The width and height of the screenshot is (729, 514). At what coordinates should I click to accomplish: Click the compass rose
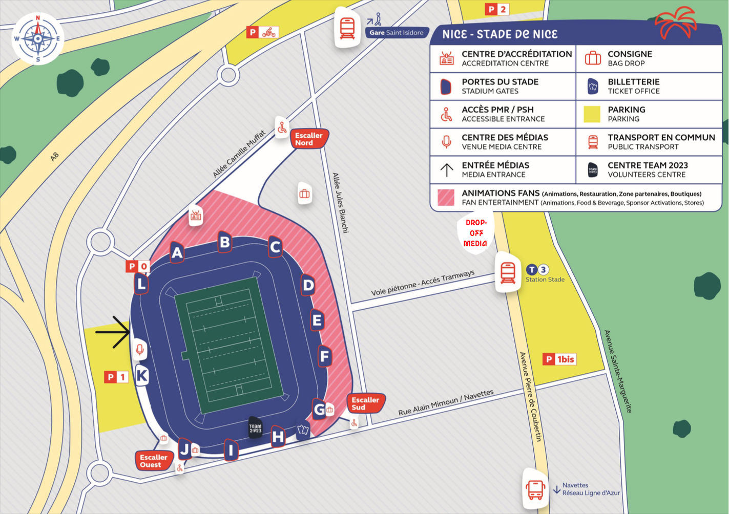(38, 38)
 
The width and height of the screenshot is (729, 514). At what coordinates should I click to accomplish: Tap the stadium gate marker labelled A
(177, 252)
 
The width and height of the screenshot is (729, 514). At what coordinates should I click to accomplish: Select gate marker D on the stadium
(308, 285)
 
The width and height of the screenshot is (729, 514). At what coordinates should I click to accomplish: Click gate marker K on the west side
(142, 376)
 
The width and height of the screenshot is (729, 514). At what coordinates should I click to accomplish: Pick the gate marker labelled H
(278, 437)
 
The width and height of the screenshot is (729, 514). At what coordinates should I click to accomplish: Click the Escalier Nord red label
(309, 139)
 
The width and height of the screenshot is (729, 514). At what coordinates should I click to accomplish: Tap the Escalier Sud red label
(365, 403)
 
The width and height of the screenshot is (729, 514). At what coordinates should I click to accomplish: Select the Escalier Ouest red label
(153, 461)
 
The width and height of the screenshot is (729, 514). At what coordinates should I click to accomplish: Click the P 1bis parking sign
(559, 359)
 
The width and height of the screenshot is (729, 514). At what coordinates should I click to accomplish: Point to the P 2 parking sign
(497, 9)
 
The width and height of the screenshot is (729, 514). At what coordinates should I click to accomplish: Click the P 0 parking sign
(138, 266)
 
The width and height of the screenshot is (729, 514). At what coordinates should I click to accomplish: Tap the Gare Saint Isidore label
(397, 32)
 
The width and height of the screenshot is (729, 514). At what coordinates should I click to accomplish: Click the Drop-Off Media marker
(475, 233)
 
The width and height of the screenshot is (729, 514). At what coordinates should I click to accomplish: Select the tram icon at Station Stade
(508, 272)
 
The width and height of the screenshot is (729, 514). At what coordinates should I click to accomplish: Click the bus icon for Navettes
(535, 489)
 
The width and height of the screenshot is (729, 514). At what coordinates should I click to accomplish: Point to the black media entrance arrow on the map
(113, 332)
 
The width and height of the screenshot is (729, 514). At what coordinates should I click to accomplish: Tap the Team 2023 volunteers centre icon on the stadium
(255, 428)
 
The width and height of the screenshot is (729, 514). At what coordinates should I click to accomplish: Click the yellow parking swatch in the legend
(592, 114)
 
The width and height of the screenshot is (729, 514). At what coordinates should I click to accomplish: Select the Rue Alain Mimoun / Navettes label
(446, 402)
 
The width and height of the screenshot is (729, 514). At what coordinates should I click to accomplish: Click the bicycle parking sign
(263, 32)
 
